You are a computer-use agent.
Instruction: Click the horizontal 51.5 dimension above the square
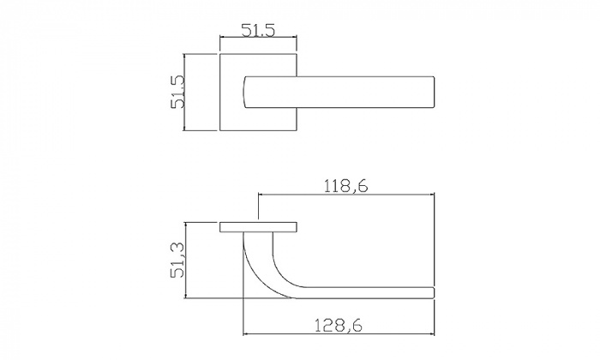[258, 31]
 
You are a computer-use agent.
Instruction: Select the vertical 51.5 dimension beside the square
[178, 92]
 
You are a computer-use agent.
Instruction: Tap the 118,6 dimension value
[346, 186]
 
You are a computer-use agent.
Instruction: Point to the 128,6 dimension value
[339, 326]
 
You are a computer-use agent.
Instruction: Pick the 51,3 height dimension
[178, 260]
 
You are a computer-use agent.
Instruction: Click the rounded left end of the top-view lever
[244, 93]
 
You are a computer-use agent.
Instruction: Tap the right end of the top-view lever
[433, 93]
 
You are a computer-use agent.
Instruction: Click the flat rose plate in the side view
[258, 227]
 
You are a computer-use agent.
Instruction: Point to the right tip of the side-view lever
[434, 292]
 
